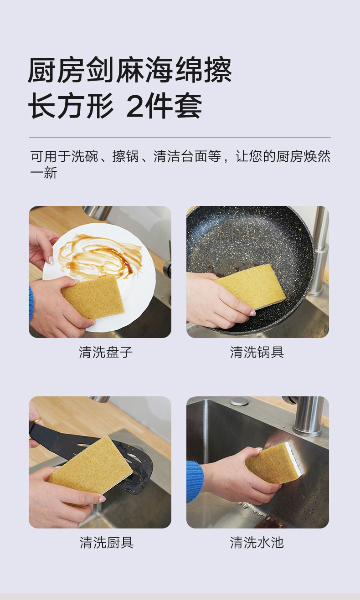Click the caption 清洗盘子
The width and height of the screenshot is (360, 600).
106,352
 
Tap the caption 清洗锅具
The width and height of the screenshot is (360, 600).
257,352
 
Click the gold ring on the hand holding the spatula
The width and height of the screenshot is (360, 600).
38,420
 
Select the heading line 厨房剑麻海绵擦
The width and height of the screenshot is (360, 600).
129,70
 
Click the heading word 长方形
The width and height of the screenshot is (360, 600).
71,106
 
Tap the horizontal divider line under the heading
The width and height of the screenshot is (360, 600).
180,138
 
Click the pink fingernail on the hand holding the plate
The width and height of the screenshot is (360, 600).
51,260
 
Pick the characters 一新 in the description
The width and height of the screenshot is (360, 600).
44,173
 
